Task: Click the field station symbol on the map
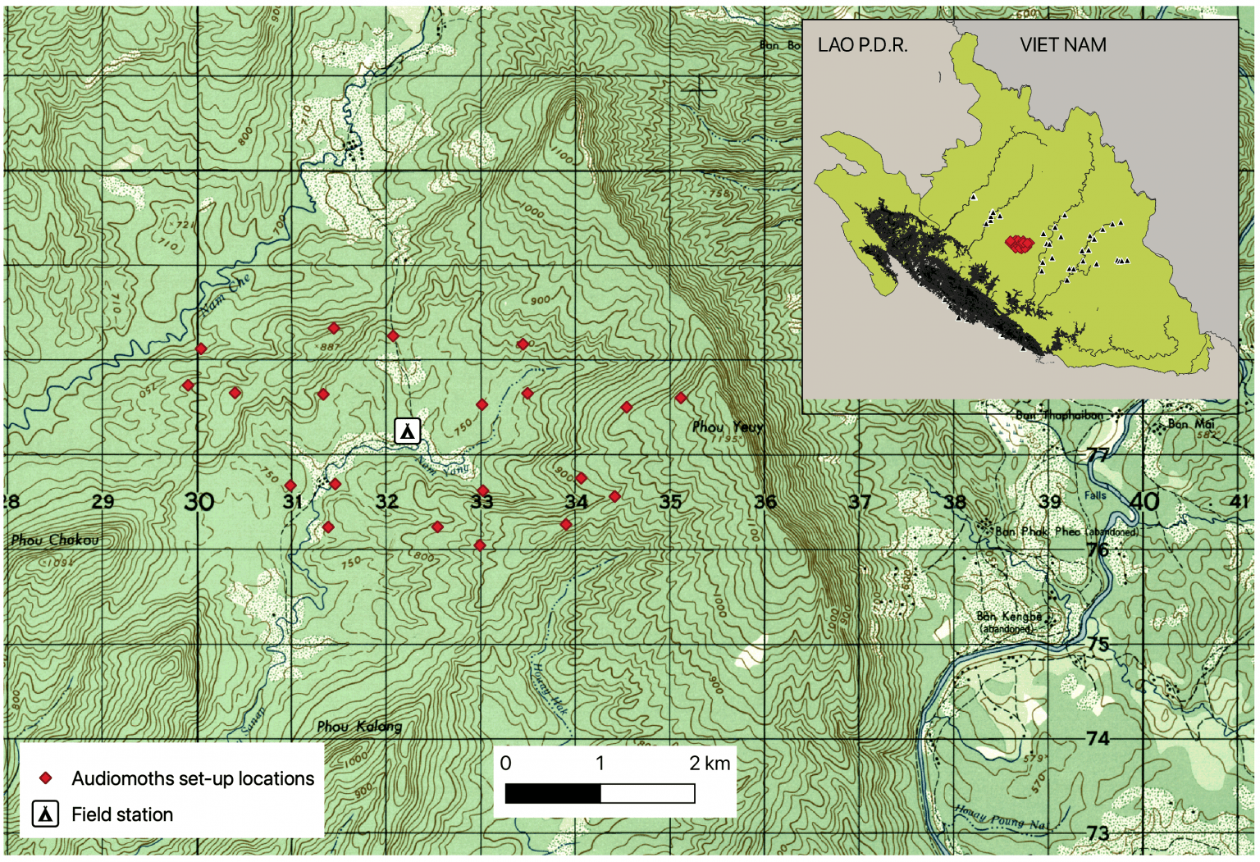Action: coord(408,431)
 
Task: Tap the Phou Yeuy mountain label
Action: coord(727,427)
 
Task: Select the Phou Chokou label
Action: coord(55,540)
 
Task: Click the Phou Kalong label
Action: coord(359,726)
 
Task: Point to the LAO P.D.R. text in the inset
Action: coord(862,45)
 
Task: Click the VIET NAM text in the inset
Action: coord(1062,45)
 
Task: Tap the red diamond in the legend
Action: coord(46,778)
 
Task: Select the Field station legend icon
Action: coord(45,814)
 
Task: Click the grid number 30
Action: coord(199,501)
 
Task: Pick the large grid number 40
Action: coord(1144,501)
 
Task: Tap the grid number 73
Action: coord(1098,833)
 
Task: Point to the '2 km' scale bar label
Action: coord(710,764)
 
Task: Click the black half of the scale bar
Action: coord(553,793)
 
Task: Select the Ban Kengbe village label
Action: coord(1009,617)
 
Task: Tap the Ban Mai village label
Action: coord(1190,424)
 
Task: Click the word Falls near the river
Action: coord(1095,495)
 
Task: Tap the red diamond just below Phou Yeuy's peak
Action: coord(681,398)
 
